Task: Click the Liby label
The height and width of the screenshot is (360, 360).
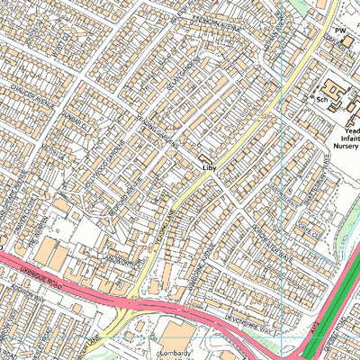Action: [209, 167]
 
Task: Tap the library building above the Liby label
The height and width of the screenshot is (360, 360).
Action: [207, 157]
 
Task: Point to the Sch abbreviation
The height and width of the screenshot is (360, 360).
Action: [320, 100]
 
